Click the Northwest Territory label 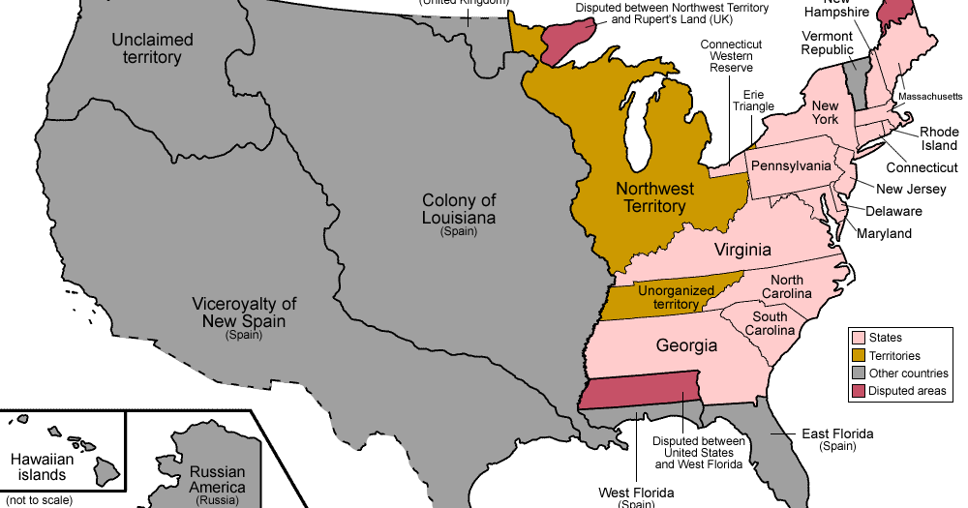650,197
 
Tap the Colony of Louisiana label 458,209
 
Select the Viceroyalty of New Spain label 244,313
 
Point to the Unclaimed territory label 152,48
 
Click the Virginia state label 742,250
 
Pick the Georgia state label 686,345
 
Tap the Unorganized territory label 676,297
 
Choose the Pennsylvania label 791,165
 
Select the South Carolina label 770,323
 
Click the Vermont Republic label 828,44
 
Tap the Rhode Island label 938,138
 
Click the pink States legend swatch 857,338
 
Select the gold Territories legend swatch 857,355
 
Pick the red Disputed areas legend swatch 857,391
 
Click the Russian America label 217,480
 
